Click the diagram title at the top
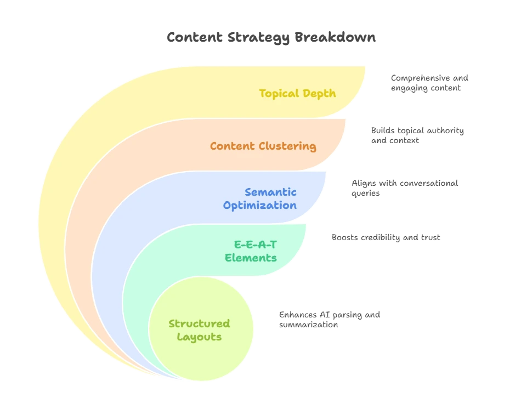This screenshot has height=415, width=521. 272,38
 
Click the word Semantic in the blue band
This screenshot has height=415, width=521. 270,192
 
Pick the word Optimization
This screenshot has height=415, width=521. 259,206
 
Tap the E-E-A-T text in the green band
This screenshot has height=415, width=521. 255,245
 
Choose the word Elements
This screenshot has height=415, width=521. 251,258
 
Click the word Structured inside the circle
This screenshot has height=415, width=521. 199,323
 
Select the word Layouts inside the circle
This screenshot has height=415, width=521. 199,337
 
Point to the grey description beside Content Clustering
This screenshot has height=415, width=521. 417,135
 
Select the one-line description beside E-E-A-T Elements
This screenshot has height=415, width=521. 386,237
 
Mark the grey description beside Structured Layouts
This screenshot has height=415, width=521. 329,319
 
